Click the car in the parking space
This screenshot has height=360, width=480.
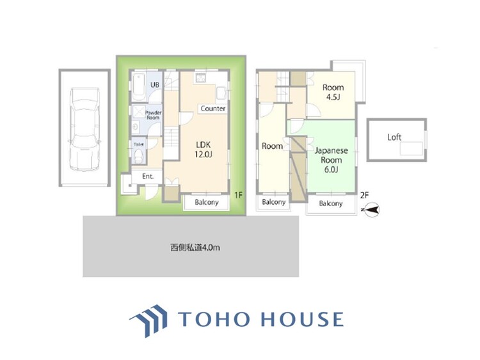(84, 127)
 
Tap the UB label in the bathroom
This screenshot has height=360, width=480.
(155, 85)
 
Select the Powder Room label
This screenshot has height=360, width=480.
(154, 116)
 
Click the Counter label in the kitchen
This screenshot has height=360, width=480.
(213, 109)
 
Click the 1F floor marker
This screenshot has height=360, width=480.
(238, 194)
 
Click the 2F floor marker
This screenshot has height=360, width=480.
(365, 194)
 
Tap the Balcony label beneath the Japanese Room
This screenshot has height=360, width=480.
(330, 204)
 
